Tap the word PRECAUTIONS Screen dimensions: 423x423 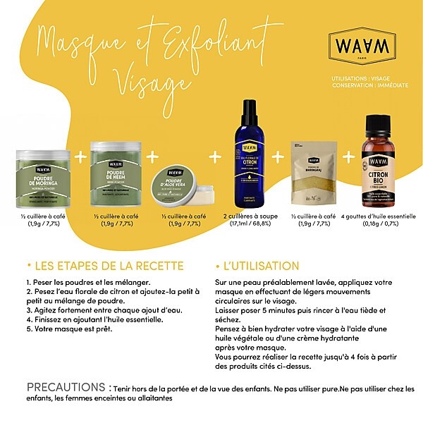click(x=67, y=388)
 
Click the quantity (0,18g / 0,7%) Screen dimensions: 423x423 click(x=379, y=224)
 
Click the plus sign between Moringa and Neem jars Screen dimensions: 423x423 click(x=80, y=155)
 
